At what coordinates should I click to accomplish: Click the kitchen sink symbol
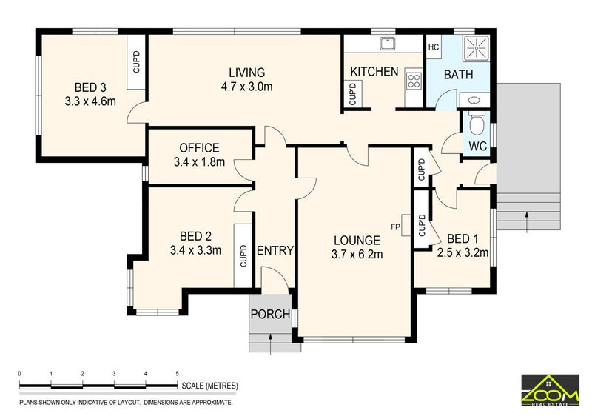(x=387, y=44)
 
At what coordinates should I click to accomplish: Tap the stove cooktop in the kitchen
(x=414, y=81)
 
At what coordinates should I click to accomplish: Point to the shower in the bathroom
(x=476, y=48)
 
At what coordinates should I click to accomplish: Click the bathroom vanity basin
(x=474, y=101)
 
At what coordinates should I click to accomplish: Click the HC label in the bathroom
(x=434, y=47)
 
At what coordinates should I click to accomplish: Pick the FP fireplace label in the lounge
(x=395, y=227)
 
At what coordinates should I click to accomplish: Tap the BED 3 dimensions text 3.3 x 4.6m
(x=90, y=101)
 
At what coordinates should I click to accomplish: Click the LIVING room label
(x=247, y=72)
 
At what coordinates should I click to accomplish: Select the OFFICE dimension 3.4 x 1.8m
(x=199, y=162)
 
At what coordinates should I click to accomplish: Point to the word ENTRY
(x=275, y=250)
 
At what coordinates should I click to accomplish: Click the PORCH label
(x=270, y=315)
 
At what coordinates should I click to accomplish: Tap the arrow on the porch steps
(x=270, y=344)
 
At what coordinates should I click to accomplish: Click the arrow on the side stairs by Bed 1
(x=526, y=221)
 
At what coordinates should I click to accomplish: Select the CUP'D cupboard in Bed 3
(x=136, y=62)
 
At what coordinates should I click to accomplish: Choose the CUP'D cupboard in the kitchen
(x=353, y=94)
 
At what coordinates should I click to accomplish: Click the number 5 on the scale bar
(x=177, y=374)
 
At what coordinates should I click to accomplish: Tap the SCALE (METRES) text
(x=210, y=386)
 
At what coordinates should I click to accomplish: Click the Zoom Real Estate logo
(x=550, y=390)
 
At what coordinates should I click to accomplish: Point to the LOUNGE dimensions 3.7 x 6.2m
(x=357, y=255)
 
